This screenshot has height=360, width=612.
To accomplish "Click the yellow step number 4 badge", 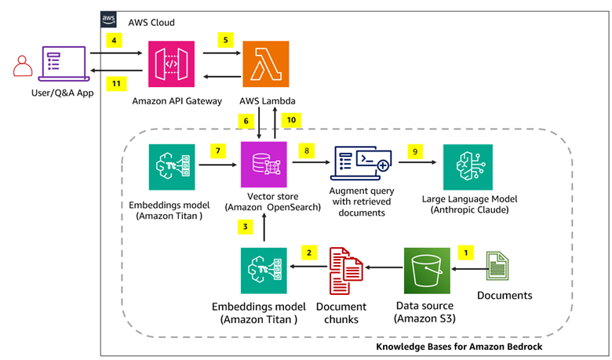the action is click(x=114, y=40).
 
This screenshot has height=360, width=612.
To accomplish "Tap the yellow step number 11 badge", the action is click(x=116, y=83).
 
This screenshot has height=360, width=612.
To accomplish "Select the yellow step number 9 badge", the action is click(x=415, y=151).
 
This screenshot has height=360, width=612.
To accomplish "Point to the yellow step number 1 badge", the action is click(x=465, y=253).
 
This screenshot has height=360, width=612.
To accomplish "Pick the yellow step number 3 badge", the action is click(x=245, y=227).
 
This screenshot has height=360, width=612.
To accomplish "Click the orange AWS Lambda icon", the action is click(x=266, y=64).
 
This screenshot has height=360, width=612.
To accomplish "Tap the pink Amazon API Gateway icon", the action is click(x=171, y=64).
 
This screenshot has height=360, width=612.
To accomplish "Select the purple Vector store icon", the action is click(x=264, y=164).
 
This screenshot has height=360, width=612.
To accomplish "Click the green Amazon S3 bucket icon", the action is click(x=427, y=271).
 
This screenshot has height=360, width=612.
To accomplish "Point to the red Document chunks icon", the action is click(x=346, y=271).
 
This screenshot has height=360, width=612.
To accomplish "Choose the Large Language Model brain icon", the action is click(x=468, y=167).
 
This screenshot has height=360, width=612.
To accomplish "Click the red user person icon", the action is click(x=23, y=66).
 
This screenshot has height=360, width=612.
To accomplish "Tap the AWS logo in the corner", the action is click(x=108, y=20).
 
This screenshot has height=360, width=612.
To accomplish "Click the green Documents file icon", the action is click(x=497, y=266).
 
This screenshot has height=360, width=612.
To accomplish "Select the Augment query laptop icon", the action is click(x=361, y=163).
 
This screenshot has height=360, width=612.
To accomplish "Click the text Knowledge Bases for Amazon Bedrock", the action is click(x=459, y=347).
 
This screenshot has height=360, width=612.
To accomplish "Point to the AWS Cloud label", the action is click(x=151, y=23).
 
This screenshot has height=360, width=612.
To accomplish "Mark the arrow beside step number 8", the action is click(x=311, y=162).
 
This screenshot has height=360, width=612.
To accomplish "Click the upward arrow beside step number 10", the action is click(x=275, y=123).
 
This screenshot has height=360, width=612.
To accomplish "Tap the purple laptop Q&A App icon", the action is click(x=64, y=64).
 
